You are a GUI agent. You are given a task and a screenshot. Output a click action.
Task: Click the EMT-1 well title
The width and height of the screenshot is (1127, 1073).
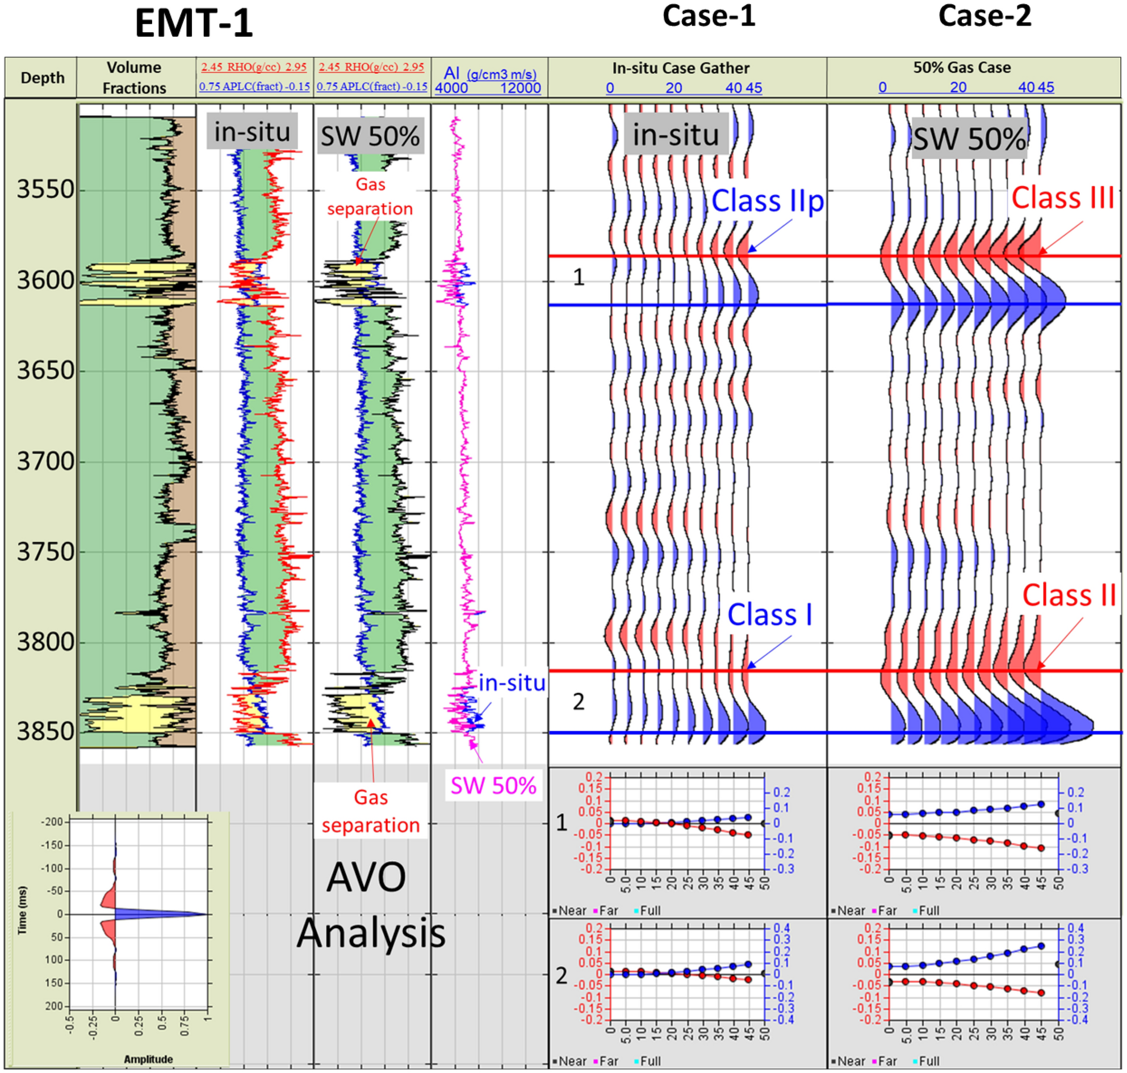194,24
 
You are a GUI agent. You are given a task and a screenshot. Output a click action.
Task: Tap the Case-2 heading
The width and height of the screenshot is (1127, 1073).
984,15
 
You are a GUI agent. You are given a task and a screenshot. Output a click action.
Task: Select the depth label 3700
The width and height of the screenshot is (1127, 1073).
46,461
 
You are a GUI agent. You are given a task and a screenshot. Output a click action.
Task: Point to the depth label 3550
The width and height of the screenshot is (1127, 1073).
46,189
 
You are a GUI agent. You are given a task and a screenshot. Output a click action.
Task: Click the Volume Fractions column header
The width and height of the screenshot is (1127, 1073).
134,78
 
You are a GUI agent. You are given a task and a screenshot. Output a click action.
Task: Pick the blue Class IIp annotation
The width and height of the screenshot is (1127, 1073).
767,202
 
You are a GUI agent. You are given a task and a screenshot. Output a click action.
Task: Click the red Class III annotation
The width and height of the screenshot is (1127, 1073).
1062,199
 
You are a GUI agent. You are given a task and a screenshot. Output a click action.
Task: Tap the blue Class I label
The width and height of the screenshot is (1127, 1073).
769,615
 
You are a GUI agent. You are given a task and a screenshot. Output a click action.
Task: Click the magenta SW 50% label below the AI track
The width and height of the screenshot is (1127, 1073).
493,786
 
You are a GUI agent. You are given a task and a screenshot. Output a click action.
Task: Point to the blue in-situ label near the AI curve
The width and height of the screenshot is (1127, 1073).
512,684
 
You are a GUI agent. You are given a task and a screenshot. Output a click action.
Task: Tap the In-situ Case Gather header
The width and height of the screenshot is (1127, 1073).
680,68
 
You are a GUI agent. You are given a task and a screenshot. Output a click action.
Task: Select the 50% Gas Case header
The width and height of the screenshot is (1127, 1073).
961,68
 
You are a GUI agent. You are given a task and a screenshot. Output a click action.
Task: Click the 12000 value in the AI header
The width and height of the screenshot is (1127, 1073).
520,88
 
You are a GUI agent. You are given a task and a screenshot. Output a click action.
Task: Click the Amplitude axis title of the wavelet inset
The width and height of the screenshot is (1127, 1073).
148,1059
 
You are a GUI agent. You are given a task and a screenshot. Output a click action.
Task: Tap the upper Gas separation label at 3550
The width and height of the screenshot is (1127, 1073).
370,197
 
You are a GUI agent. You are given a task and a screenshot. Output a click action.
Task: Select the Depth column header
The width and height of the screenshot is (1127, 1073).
42,78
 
